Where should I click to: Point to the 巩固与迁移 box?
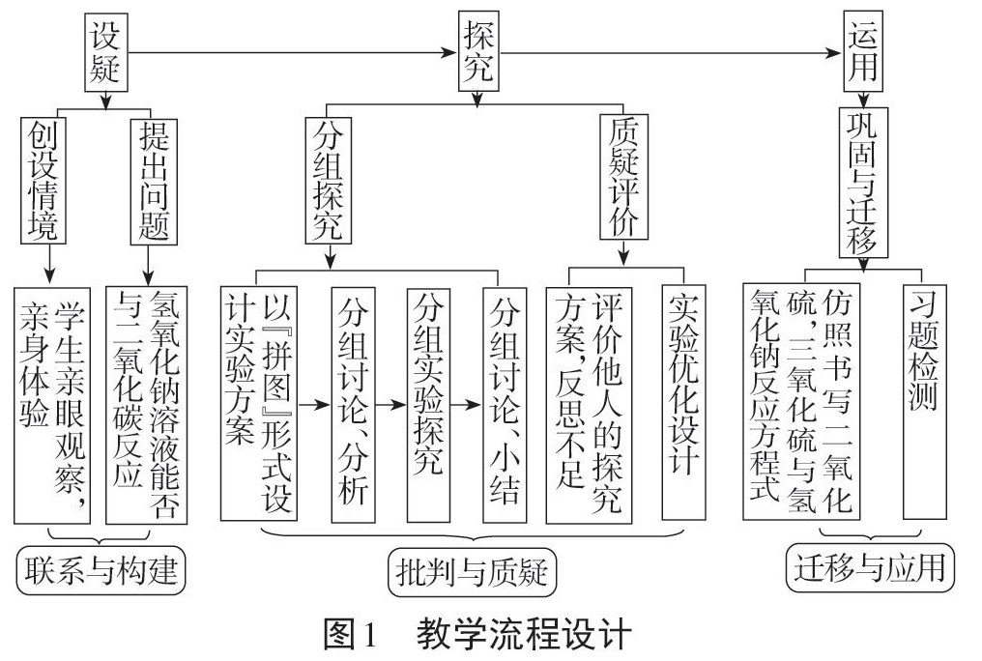863,182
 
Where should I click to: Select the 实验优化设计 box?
684,401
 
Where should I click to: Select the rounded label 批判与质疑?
472,574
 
